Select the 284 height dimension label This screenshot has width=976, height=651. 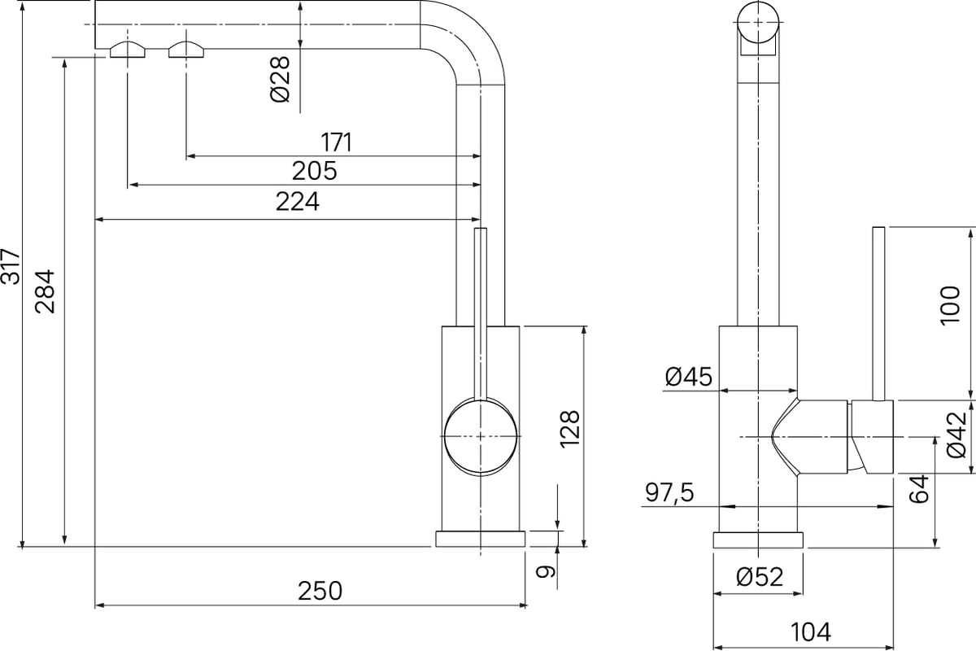pyautogui.click(x=46, y=291)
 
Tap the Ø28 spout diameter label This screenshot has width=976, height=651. pyautogui.click(x=280, y=79)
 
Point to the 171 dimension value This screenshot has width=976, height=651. pyautogui.click(x=336, y=142)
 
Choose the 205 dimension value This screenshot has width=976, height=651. pyautogui.click(x=314, y=171)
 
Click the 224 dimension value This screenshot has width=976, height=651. pyautogui.click(x=298, y=202)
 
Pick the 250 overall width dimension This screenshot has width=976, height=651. pyautogui.click(x=320, y=592)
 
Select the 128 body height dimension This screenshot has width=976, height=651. pyautogui.click(x=570, y=429)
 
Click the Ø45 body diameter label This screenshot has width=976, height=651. pyautogui.click(x=688, y=377)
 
